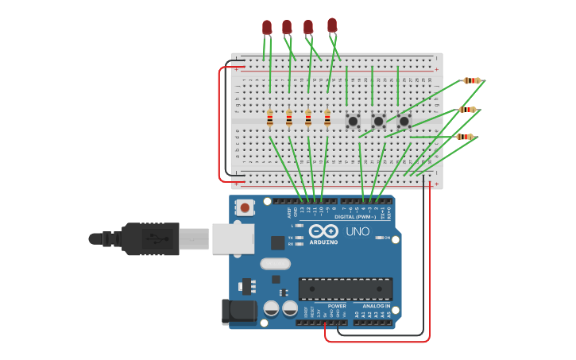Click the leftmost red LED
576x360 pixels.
pos(267,28)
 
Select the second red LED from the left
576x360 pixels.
pos(287,27)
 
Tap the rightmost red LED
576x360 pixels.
pos(332,25)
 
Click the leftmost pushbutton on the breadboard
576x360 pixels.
pos(353,121)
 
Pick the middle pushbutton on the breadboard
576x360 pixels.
pos(378,121)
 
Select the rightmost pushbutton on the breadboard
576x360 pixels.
pos(404,121)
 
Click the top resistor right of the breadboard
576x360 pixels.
pos(472,80)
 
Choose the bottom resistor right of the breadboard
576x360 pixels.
pos(465,137)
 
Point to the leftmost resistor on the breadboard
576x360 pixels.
pos(270,118)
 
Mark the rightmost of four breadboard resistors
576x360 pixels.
pos(327,118)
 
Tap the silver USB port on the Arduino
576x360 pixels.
pos(233,238)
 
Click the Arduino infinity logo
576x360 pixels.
pos(324,231)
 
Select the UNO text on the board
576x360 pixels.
pos(358,231)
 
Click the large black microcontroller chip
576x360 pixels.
pos(346,288)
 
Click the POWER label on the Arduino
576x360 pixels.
pos(337,305)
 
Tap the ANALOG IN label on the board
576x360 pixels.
pos(376,305)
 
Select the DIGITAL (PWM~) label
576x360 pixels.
pos(355,216)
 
